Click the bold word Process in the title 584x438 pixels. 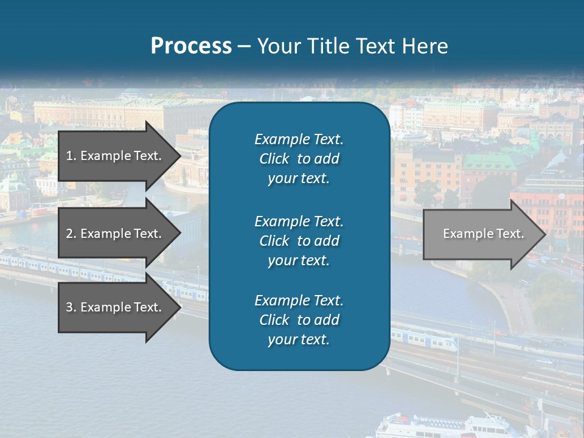tap(191, 46)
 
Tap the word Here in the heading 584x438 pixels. tap(425, 46)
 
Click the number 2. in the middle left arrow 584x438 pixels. tap(71, 234)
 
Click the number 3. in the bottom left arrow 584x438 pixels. tap(71, 307)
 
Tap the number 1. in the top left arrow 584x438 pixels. tap(71, 156)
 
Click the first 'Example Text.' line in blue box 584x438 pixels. tap(299, 139)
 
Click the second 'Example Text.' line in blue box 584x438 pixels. tap(299, 221)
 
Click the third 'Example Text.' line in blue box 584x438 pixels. tap(299, 301)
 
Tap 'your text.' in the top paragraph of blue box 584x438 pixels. tap(299, 179)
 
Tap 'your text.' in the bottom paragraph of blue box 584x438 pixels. tap(299, 340)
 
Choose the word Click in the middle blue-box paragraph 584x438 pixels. tap(274, 241)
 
